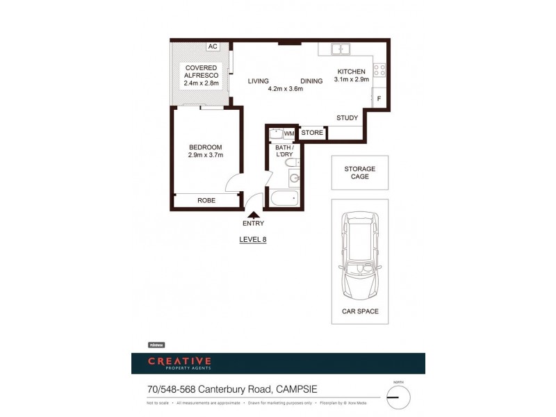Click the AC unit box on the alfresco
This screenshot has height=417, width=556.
(213, 47)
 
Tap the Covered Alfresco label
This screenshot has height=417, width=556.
(201, 75)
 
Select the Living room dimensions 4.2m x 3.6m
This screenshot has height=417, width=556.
(285, 89)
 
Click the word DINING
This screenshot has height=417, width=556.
(311, 81)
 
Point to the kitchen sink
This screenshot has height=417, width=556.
(340, 49)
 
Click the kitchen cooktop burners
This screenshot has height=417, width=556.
(379, 70)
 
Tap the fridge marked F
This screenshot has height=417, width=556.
(379, 99)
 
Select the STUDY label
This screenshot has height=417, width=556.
(347, 118)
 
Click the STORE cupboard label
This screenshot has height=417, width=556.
(312, 133)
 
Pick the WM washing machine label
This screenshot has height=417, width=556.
(289, 133)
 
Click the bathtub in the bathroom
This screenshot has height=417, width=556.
(285, 199)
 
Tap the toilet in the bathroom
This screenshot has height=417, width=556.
(292, 163)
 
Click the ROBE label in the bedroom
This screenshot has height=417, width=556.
(206, 200)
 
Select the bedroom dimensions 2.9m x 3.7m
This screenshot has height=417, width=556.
(205, 156)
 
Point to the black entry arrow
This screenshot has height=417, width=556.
(253, 214)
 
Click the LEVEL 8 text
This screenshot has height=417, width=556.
(253, 239)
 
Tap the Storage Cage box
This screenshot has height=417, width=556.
(359, 172)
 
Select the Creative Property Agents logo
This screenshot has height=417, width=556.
(179, 363)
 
